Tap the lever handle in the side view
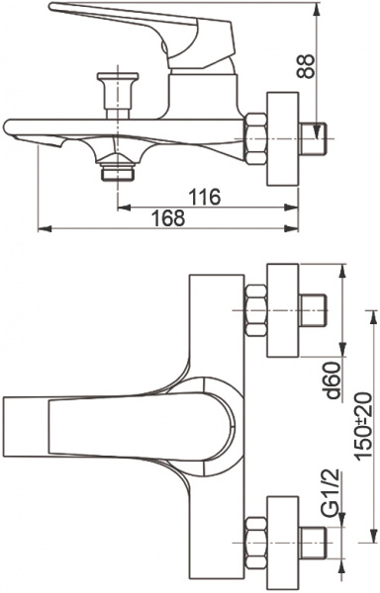tap(109, 22)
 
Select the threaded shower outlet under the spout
tap(119, 171)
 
